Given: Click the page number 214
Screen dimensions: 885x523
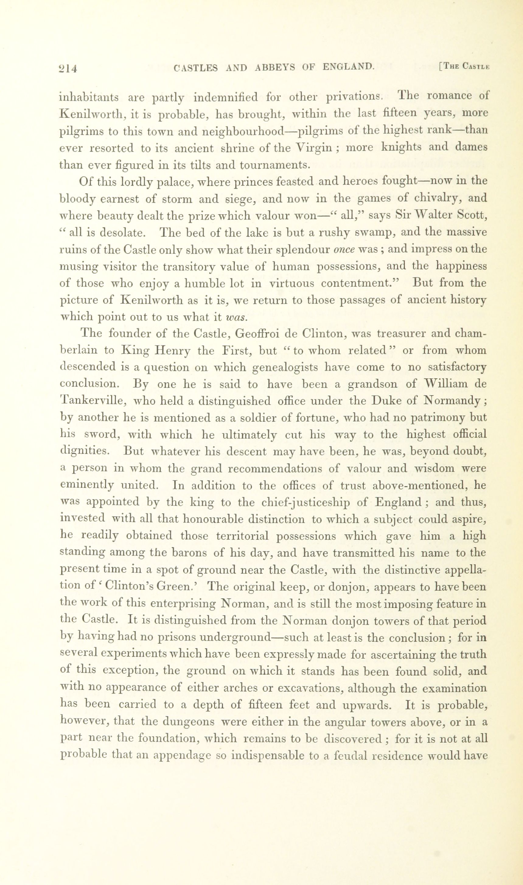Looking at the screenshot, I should coord(68,68).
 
